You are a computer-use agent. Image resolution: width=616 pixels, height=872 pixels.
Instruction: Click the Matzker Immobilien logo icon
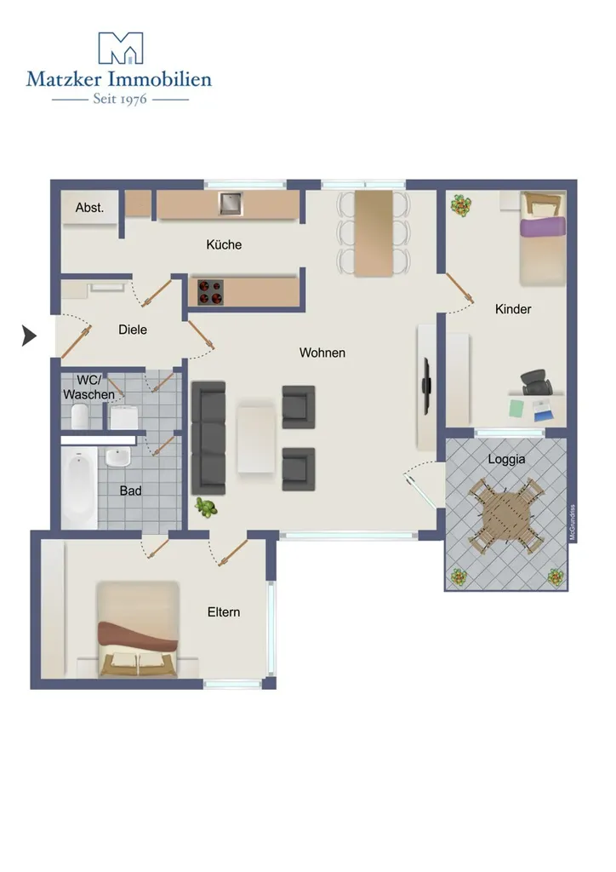(x=121, y=48)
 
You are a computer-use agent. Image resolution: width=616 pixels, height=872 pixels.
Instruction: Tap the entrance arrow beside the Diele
(x=29, y=336)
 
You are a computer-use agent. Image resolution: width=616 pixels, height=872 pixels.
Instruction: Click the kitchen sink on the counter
(x=230, y=204)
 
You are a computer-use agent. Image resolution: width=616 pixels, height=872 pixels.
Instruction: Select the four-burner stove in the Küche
(x=210, y=293)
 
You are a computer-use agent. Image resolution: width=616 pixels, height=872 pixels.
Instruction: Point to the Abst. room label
(x=90, y=208)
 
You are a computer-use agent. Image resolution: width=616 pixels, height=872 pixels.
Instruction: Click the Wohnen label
(x=322, y=353)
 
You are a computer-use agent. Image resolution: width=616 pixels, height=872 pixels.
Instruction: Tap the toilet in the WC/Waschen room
(x=80, y=416)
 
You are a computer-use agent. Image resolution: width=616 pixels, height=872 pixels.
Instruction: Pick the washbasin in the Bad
(x=117, y=457)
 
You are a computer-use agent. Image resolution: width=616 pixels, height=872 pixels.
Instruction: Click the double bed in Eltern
(x=138, y=629)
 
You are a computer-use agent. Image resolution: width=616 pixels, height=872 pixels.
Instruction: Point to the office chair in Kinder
(x=537, y=382)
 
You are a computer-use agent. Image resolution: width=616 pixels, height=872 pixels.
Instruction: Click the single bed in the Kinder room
(x=543, y=239)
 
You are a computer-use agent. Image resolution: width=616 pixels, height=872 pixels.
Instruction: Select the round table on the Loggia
(x=505, y=515)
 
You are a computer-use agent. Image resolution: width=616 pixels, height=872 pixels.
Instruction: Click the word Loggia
(x=506, y=459)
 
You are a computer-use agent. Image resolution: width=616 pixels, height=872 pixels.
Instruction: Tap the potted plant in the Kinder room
(x=461, y=205)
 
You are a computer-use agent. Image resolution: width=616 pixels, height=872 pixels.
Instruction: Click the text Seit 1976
(x=120, y=99)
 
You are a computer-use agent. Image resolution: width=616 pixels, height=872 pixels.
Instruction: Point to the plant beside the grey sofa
(x=206, y=508)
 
